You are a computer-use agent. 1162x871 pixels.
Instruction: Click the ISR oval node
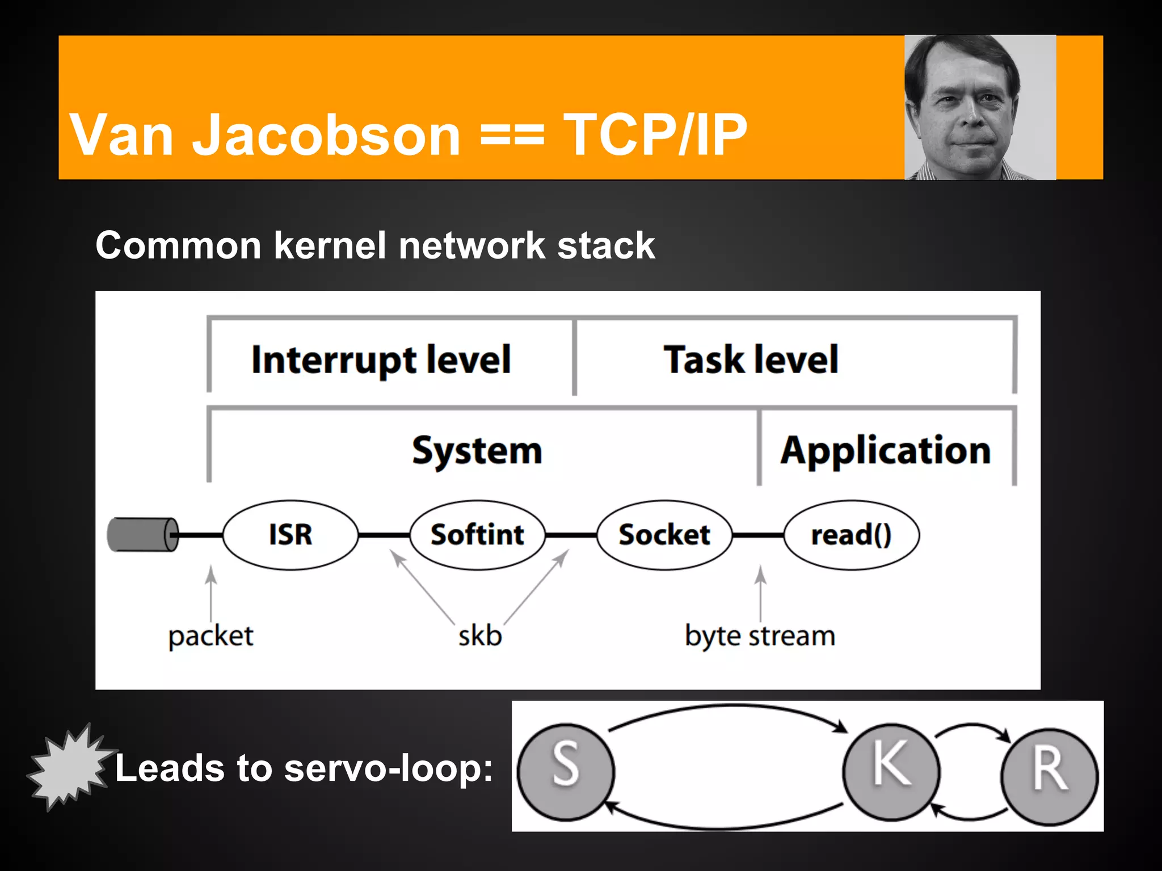(290, 535)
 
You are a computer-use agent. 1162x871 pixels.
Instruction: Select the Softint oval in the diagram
(477, 535)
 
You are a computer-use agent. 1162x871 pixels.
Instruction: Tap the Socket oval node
(664, 535)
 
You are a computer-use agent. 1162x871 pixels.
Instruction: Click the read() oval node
(851, 535)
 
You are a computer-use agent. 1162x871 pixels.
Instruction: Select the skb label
(480, 636)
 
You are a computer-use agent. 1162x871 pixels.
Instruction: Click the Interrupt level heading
(381, 360)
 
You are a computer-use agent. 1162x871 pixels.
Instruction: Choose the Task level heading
(751, 360)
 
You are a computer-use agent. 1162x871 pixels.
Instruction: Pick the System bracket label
(477, 451)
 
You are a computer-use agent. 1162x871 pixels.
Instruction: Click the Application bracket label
(886, 451)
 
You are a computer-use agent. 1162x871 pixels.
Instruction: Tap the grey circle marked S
(566, 772)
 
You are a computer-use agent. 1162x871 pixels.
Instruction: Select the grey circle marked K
(891, 772)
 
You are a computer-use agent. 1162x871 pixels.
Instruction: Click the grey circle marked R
(1049, 776)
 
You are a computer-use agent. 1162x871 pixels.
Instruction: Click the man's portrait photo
(980, 108)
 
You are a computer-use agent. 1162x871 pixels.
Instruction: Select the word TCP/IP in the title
(655, 135)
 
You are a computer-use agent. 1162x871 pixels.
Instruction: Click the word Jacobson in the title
(326, 135)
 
